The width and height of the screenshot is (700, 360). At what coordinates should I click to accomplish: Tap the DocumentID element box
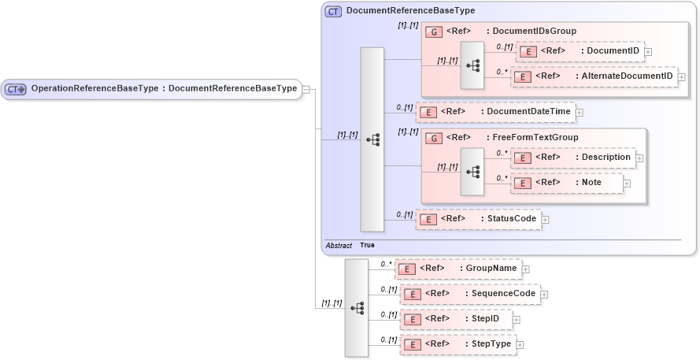pyautogui.click(x=580, y=51)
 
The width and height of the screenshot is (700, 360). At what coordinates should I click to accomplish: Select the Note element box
pyautogui.click(x=567, y=183)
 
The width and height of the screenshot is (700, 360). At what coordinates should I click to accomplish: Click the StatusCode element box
pyautogui.click(x=479, y=218)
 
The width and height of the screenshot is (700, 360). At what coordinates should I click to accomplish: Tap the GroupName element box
pyautogui.click(x=457, y=269)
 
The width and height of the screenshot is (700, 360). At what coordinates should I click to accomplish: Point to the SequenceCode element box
pyautogui.click(x=469, y=294)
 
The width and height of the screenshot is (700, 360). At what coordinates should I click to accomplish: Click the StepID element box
pyautogui.click(x=457, y=319)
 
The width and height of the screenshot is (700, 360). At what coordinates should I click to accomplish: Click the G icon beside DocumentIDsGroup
pyautogui.click(x=434, y=32)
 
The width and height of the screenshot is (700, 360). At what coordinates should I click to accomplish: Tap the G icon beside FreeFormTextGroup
pyautogui.click(x=434, y=138)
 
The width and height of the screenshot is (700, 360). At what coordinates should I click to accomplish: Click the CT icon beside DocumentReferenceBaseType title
pyautogui.click(x=333, y=11)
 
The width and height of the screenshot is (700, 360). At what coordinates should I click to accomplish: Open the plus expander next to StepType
pyautogui.click(x=520, y=345)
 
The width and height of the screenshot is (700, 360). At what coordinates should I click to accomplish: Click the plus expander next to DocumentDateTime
pyautogui.click(x=579, y=113)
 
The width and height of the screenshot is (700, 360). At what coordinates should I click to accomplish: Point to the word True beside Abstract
pyautogui.click(x=367, y=246)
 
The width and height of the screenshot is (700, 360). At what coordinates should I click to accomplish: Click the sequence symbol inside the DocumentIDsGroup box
pyautogui.click(x=472, y=65)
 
